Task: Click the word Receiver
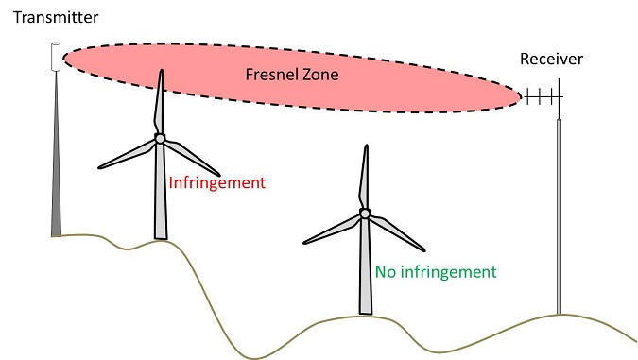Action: (552, 60)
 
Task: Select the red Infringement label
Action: (216, 181)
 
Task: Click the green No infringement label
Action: (436, 272)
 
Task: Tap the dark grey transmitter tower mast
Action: (57, 170)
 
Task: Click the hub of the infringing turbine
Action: (160, 138)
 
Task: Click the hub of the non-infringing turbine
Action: (365, 214)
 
